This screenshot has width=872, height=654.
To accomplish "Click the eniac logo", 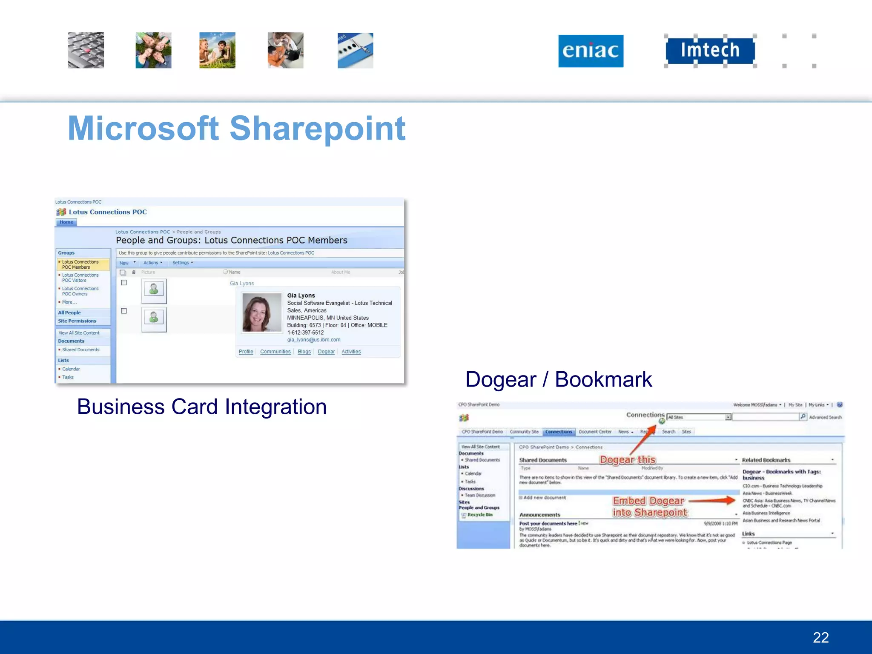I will (591, 51).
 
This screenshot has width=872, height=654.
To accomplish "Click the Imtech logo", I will (710, 50).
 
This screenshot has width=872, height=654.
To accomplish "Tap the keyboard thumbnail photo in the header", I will (86, 50).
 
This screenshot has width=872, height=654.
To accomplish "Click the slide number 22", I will (820, 637).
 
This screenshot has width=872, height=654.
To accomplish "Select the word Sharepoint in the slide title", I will (317, 128).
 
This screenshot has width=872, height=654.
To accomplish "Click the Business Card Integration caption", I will (202, 407).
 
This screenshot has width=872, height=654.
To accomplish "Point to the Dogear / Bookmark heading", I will (558, 379).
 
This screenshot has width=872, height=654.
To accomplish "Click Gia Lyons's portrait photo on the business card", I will (262, 312).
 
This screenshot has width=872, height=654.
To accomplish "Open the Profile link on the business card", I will (246, 352).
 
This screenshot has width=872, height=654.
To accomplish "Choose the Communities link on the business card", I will (275, 352).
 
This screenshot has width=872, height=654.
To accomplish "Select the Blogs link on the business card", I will (304, 352).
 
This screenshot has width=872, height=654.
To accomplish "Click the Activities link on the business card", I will (351, 352).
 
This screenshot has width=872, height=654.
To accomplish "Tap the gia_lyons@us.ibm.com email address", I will (313, 340).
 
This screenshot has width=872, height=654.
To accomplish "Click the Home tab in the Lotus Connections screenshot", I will (66, 222).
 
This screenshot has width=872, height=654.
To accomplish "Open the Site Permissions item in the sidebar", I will (77, 321).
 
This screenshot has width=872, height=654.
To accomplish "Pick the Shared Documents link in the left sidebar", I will (80, 350).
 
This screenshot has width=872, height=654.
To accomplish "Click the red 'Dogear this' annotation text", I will (628, 460).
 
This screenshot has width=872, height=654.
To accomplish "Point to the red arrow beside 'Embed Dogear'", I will (712, 501).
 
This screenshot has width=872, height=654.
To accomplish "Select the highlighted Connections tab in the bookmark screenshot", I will (559, 432).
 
